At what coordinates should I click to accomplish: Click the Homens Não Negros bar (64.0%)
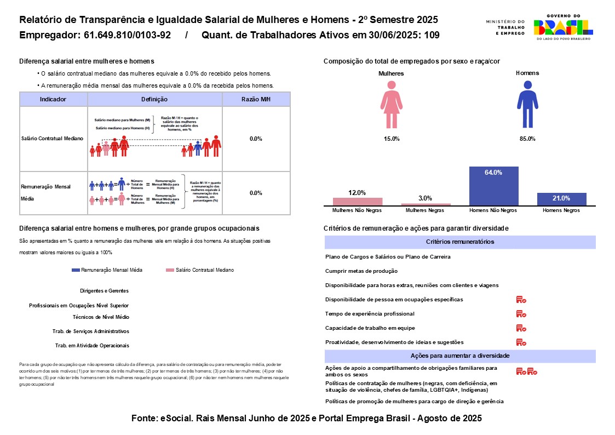[493, 186]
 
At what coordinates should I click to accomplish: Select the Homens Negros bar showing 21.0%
[561, 199]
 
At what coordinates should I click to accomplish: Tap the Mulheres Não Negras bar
[358, 201]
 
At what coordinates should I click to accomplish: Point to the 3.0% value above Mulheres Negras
[426, 198]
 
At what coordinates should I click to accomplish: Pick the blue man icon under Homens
[527, 105]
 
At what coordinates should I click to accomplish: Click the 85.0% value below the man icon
[527, 139]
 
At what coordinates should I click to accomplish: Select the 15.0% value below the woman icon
[392, 139]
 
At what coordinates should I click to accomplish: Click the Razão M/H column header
[256, 99]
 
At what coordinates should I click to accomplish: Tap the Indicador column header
[53, 99]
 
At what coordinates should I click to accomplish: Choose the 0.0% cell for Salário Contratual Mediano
[256, 139]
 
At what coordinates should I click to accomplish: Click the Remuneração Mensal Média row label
[43, 193]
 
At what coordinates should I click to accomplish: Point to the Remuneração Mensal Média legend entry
[107, 270]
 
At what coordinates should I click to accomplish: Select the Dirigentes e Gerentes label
[104, 291]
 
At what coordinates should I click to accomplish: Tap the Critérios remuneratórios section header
[460, 242]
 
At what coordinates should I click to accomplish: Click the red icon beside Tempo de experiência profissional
[521, 314]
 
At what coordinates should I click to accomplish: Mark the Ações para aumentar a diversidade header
[460, 356]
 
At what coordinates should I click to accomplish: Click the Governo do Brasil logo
[562, 27]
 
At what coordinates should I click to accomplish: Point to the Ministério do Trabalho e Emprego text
[505, 27]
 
